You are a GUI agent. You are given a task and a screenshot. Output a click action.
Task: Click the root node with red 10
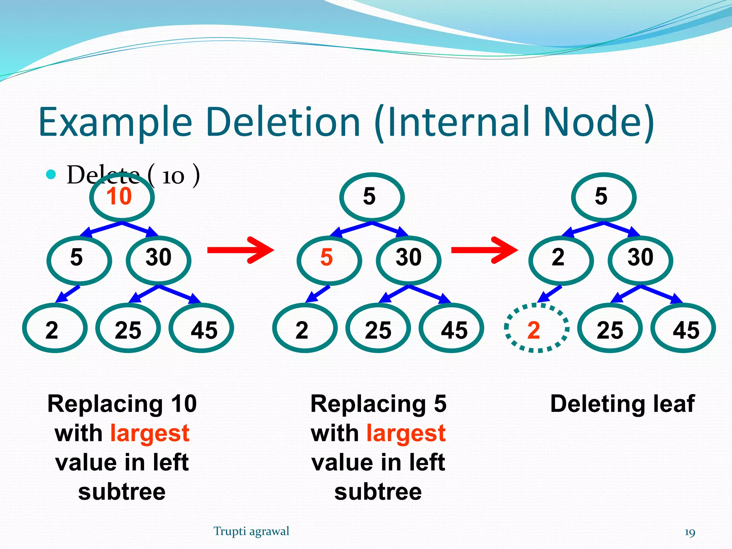click(122, 197)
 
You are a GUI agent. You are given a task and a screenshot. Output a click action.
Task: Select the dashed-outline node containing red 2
click(536, 328)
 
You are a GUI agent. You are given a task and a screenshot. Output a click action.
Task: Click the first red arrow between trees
click(240, 250)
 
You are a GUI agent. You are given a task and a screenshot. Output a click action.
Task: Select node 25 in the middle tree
click(378, 328)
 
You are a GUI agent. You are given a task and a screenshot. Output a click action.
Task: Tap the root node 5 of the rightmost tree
click(603, 197)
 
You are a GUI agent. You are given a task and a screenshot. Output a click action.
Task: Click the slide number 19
click(689, 533)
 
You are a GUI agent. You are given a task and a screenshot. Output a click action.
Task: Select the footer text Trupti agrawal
click(251, 531)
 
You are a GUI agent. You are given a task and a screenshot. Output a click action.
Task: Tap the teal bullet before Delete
click(51, 174)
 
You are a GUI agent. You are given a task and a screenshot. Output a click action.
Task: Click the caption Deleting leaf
click(622, 404)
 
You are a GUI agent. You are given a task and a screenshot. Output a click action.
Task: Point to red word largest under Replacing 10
click(149, 433)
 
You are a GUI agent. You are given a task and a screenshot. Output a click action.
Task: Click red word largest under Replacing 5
click(406, 433)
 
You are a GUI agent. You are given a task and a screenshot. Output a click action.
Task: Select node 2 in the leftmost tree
click(55, 328)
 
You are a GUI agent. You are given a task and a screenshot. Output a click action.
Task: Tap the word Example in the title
click(115, 122)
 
